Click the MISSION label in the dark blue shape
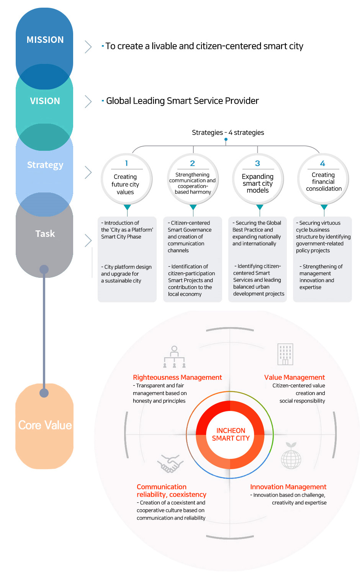(45, 39)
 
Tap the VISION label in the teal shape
(45, 101)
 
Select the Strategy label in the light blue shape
(45, 165)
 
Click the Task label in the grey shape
(45, 234)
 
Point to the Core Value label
(45, 425)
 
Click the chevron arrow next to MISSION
(88, 47)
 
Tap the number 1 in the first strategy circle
(126, 163)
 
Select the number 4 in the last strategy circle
(322, 163)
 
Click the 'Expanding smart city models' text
(258, 183)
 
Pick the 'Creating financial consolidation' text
(324, 182)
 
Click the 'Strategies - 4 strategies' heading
(228, 132)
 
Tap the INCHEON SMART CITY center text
(231, 434)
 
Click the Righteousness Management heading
(177, 377)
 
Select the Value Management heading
(295, 377)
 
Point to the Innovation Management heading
(288, 487)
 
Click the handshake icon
(170, 463)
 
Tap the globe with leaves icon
(291, 455)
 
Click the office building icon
(285, 354)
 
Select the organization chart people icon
(174, 357)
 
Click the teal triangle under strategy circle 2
(193, 207)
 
